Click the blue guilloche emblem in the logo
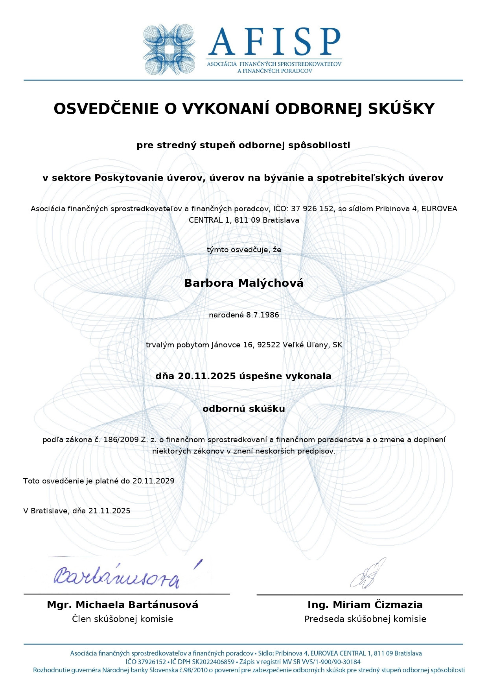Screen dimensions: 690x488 169,50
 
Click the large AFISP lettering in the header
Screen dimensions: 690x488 274,42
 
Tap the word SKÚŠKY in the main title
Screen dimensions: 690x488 401,109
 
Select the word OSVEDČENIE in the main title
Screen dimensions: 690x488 106,109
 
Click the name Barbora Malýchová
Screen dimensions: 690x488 244,283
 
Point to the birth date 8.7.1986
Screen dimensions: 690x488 263,315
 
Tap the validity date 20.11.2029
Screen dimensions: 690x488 153,481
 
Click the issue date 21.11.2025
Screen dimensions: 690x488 109,511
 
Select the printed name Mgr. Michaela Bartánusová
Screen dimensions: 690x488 123,605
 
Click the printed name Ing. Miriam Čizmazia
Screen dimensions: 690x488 365,605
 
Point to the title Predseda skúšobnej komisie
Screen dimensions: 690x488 365,619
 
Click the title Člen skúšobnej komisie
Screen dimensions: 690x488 123,619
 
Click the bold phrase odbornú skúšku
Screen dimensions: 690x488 244,409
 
